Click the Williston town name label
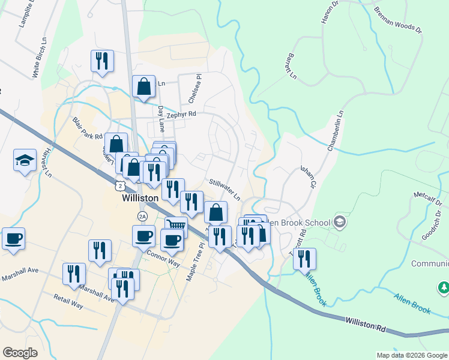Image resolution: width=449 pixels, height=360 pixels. click(140, 198)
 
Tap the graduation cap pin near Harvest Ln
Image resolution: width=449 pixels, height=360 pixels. click(25, 161)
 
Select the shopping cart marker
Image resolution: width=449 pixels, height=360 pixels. click(176, 227)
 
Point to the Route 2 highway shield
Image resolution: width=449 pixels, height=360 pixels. click(121, 186)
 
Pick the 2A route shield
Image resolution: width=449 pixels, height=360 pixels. click(142, 216)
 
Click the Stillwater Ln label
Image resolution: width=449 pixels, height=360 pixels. click(224, 190)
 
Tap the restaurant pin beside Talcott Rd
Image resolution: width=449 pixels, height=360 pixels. click(304, 259)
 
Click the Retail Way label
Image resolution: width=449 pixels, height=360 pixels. click(68, 301)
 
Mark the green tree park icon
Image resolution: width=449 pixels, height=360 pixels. click(443, 289)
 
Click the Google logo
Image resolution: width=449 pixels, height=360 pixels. click(20, 353)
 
